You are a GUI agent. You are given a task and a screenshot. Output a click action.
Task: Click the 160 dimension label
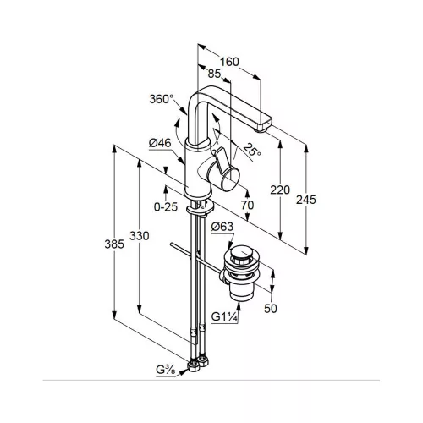[x=229, y=62]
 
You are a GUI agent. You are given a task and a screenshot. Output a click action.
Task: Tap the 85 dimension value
[x=214, y=74]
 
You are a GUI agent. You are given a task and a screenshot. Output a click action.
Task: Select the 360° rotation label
[x=162, y=99]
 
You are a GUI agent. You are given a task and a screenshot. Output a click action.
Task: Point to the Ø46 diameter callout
[x=160, y=143]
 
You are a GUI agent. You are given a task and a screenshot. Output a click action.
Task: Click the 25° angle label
[x=252, y=150]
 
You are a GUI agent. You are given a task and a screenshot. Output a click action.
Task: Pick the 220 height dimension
[x=280, y=190]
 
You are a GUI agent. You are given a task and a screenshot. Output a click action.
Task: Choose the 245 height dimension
[x=306, y=200]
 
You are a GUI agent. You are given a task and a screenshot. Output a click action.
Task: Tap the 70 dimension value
[x=247, y=205]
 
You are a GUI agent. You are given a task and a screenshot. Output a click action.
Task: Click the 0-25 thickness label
[x=166, y=207]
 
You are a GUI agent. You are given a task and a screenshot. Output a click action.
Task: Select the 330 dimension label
[x=140, y=236]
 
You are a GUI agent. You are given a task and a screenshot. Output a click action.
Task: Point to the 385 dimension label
[x=114, y=244]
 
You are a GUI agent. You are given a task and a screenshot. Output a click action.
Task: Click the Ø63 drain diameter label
[x=222, y=227]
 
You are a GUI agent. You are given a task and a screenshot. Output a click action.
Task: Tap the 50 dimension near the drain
[x=271, y=308]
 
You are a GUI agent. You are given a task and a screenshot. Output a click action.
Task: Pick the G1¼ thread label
[x=225, y=317]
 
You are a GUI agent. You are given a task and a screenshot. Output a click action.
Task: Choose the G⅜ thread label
[x=166, y=370]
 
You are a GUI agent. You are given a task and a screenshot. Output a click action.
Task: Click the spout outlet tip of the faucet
[x=262, y=129]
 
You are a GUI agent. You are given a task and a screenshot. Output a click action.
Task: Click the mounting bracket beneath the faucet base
[x=201, y=209]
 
